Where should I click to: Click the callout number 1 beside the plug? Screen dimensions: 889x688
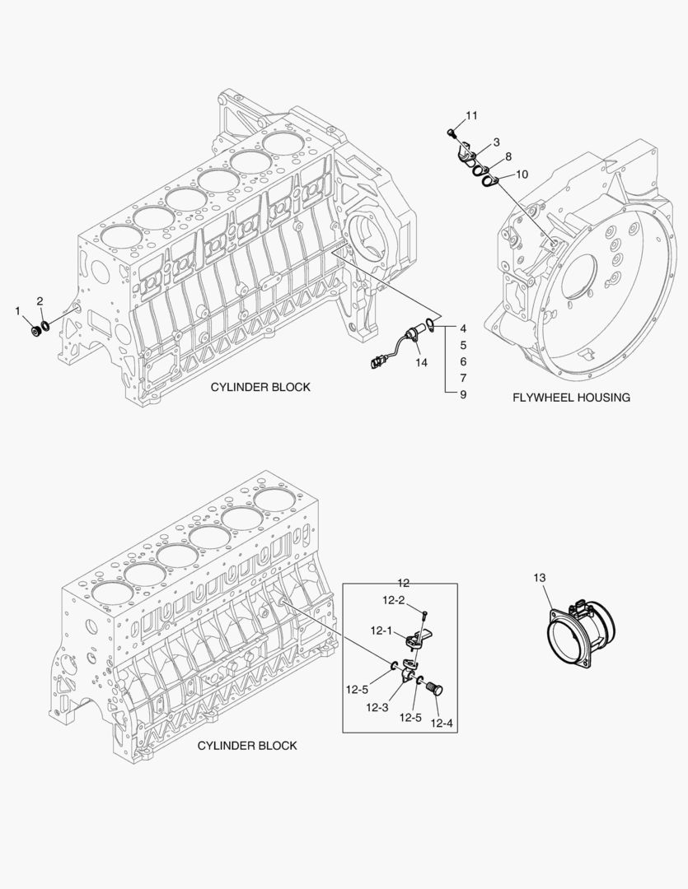tap(18, 310)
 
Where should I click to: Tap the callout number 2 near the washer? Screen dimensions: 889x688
tap(40, 301)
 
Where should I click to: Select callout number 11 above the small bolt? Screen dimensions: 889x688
tap(471, 115)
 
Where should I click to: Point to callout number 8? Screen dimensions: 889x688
tap(508, 156)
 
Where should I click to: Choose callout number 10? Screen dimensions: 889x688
tap(522, 175)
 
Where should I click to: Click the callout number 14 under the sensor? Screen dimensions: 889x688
tap(421, 361)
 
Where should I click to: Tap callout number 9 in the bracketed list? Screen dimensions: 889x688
tap(463, 394)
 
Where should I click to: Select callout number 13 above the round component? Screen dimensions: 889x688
tap(539, 579)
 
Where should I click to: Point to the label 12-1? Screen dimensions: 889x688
tap(380, 631)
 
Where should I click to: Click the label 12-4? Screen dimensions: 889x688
tap(442, 724)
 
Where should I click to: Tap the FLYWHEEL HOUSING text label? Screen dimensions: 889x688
tap(571, 398)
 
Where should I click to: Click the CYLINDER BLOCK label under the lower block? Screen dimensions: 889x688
tap(247, 746)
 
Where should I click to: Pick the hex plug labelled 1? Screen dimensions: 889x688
tap(35, 330)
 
